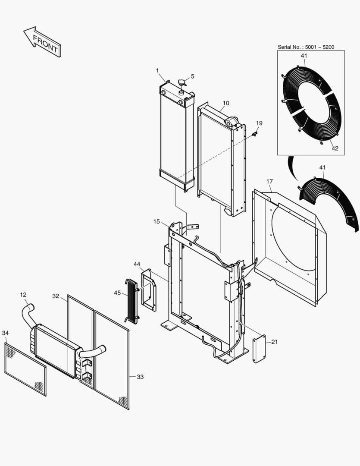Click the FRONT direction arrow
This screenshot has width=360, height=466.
click(42, 41)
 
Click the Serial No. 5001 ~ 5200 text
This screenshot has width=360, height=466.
click(306, 47)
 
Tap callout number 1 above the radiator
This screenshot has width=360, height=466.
click(157, 70)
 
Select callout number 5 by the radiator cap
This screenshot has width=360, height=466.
click(193, 76)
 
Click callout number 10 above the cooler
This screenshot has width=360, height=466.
click(226, 103)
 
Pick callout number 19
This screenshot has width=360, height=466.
click(259, 123)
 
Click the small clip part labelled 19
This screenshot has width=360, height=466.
click(254, 135)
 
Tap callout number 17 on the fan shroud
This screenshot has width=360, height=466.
click(269, 181)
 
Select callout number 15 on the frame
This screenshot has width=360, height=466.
click(157, 221)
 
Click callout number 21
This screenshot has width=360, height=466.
click(275, 342)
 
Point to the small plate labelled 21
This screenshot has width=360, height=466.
click(259, 349)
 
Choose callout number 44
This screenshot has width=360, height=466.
click(137, 264)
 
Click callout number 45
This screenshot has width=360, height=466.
click(117, 293)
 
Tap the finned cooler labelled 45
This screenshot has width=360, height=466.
click(131, 301)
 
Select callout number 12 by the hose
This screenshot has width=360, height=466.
click(23, 295)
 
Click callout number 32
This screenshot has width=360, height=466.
click(56, 296)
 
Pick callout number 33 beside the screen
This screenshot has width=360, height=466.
click(140, 377)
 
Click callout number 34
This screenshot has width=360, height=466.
click(5, 333)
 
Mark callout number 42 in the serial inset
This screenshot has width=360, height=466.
click(335, 148)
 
